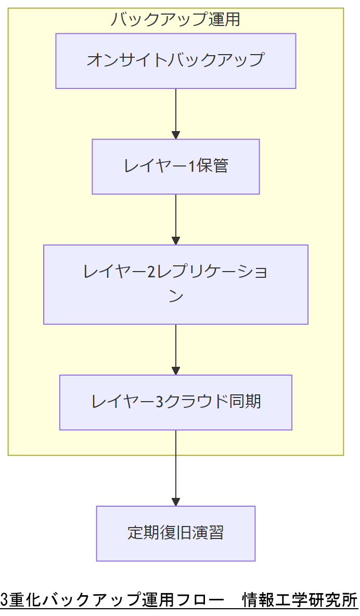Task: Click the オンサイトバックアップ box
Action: (176, 61)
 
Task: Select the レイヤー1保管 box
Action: (176, 166)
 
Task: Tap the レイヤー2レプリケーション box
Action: (176, 285)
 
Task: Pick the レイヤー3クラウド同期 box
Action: (176, 402)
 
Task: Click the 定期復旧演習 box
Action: (176, 533)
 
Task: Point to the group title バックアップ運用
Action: (176, 20)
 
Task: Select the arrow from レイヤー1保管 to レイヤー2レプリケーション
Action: (176, 219)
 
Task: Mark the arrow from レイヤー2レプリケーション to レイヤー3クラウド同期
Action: (176, 349)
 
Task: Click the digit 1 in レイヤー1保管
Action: (191, 166)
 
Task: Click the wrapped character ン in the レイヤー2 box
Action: (176, 297)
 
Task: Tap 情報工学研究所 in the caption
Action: (300, 600)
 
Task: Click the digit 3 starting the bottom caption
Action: (5, 600)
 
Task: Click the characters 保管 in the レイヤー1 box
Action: (212, 166)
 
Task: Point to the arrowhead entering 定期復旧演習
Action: (176, 502)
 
